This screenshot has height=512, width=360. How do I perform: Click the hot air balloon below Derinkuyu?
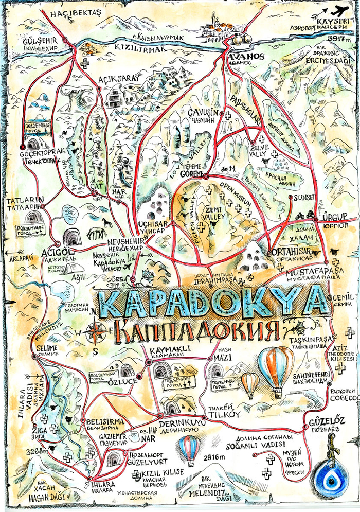(x=189, y=448)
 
